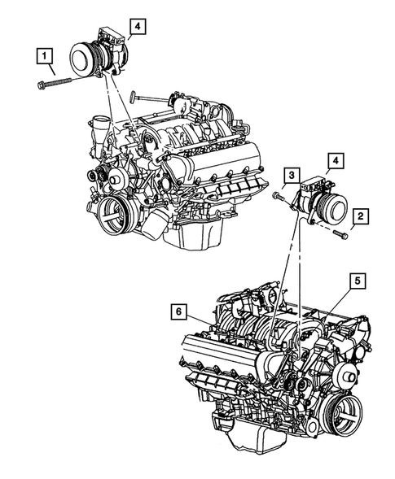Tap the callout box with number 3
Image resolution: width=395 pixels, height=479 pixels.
(x=289, y=174)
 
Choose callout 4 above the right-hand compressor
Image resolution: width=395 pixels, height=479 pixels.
(x=336, y=160)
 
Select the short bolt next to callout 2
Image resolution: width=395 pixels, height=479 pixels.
(x=340, y=234)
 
